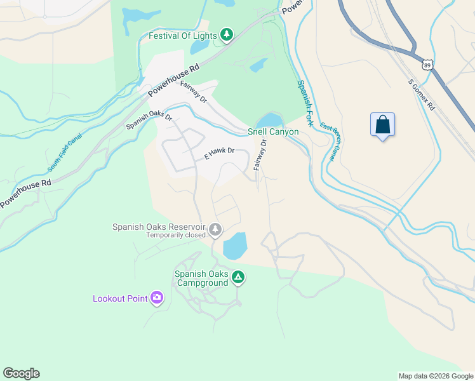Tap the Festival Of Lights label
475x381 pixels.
click(x=182, y=36)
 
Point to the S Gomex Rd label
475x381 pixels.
click(x=421, y=94)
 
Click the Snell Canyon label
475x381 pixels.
click(x=272, y=131)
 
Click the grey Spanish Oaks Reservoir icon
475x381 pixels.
click(x=215, y=229)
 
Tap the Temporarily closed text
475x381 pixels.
click(x=176, y=234)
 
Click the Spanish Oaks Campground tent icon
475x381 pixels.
click(x=238, y=277)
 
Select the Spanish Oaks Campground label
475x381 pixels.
click(x=201, y=279)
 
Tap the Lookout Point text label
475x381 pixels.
click(x=119, y=298)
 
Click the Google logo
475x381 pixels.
click(x=21, y=373)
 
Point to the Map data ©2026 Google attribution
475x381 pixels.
click(x=435, y=376)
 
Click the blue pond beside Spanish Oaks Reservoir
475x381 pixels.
click(x=234, y=245)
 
